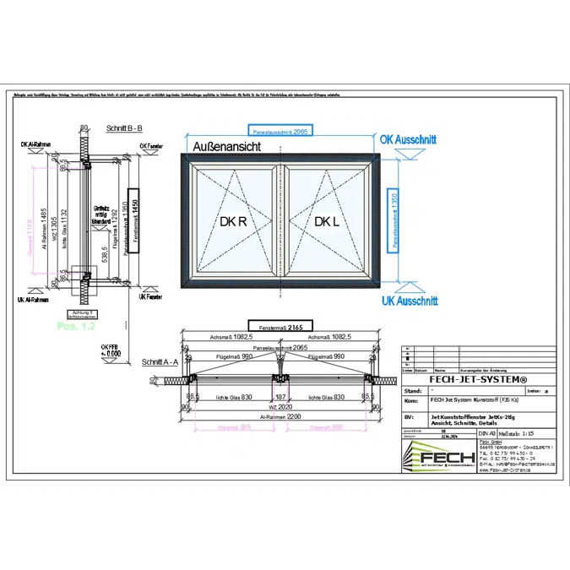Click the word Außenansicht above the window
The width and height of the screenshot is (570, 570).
(226, 147)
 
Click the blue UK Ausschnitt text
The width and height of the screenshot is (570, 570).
(409, 301)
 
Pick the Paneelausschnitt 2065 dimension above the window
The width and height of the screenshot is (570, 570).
(279, 132)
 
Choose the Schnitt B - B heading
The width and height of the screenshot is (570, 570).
(124, 129)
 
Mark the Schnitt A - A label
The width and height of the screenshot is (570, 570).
(160, 361)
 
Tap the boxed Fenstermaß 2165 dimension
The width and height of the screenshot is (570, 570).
(280, 326)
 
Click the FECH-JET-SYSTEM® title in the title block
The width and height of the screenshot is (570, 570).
(478, 379)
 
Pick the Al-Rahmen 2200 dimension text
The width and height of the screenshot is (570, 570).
(279, 417)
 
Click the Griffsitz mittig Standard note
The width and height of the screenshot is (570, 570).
(102, 214)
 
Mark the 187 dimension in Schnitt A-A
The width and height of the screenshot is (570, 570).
(280, 397)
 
